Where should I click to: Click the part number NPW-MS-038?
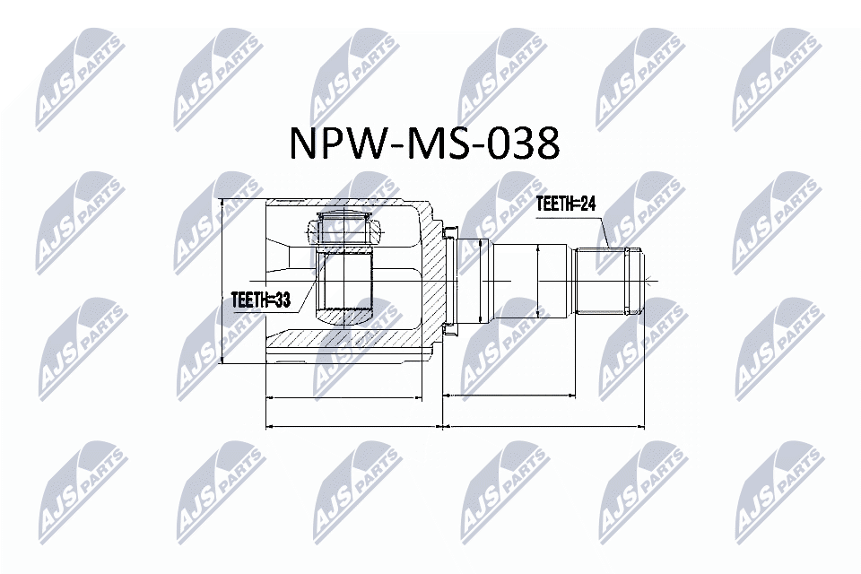click(424, 143)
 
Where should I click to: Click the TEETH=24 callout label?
click(565, 204)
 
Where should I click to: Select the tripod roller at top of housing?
click(344, 227)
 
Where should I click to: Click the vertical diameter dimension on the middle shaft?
click(537, 281)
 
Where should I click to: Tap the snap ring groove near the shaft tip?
click(634, 281)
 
